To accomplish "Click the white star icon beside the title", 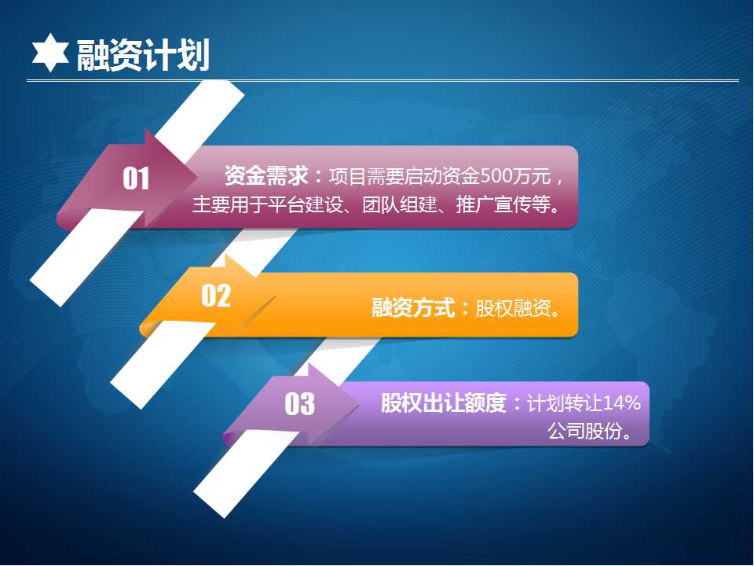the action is pos(50,53).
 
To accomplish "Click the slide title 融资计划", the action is pos(143,55).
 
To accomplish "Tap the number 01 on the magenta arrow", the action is pos(136,178).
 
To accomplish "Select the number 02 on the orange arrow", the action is pos(216,295).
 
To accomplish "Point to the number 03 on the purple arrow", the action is pos(299,403).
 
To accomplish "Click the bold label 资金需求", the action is pos(266,175).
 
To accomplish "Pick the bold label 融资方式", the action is pos(413,307).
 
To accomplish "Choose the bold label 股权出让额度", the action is pos(443,402).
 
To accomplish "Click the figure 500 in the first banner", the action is pos(496,176).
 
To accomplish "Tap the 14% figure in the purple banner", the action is pos(621,402).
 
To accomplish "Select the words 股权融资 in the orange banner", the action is pos(513,308).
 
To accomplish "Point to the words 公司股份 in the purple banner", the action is pos(584,431).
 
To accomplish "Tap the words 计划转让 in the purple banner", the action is pos(565,402).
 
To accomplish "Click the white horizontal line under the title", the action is pos(382,80).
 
